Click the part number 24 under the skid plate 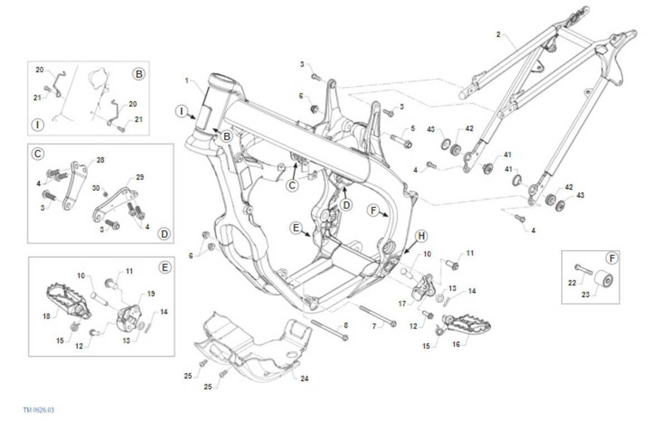[304, 379]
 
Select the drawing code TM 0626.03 [38, 410]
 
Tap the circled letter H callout [421, 236]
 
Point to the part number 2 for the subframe [498, 35]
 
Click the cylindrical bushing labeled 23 [604, 280]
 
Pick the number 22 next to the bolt [572, 283]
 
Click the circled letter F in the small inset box [612, 258]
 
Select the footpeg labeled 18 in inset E [66, 301]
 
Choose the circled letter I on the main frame [182, 111]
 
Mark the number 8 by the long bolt [346, 325]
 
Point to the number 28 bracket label [100, 160]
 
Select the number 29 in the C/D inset [139, 177]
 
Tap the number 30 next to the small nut [95, 188]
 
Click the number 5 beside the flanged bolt [413, 129]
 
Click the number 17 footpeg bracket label [403, 303]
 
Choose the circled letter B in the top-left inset [138, 74]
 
